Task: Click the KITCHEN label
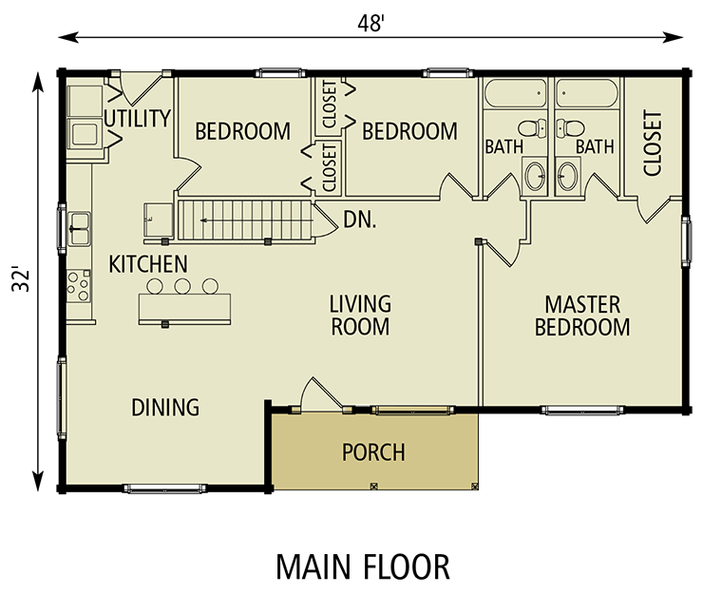147,263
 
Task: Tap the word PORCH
373,452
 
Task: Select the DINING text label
165,408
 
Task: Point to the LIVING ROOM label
360,316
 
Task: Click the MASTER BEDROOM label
581,316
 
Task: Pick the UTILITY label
138,119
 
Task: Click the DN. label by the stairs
360,220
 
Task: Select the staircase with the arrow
244,222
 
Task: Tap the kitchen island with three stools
184,307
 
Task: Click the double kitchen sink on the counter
80,228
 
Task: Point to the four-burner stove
78,282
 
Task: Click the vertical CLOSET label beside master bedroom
653,144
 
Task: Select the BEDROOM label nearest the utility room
242,131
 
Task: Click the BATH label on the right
595,147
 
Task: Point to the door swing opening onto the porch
313,393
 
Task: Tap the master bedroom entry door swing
505,244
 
